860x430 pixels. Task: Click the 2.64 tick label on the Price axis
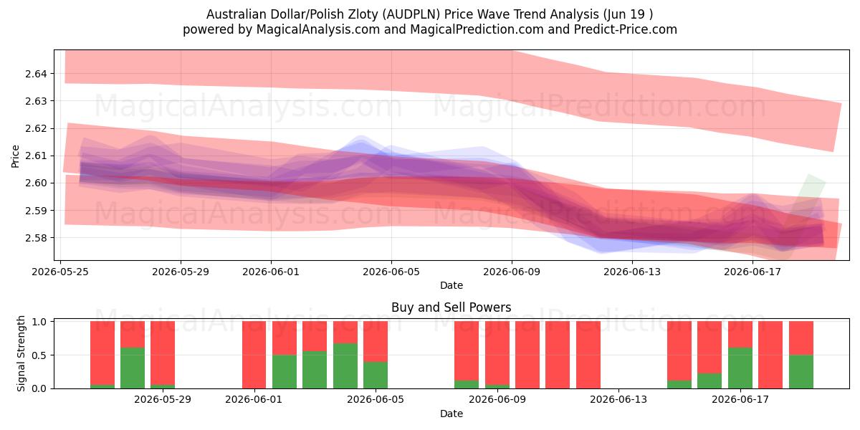pos(36,74)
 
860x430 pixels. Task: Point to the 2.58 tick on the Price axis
pos(36,238)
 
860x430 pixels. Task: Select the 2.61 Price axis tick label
pos(36,156)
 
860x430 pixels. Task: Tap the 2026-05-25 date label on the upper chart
pos(60,272)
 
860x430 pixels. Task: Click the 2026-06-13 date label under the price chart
pos(632,272)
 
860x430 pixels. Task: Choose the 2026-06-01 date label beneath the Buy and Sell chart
pos(254,400)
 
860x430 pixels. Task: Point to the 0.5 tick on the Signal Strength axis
pos(39,355)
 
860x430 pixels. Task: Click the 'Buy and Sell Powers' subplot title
pos(451,307)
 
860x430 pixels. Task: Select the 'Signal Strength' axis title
pos(21,353)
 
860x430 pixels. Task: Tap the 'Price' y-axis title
pos(15,156)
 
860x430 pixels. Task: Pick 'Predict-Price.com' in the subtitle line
pos(626,29)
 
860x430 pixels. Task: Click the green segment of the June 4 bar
pos(345,366)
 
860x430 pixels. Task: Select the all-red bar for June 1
pos(254,355)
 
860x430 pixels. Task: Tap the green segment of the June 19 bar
pos(801,372)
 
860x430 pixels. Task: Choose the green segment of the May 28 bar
pos(133,368)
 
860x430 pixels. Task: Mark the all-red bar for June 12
pos(588,355)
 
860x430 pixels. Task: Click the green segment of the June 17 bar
pos(740,368)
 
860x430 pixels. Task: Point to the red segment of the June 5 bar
pos(376,341)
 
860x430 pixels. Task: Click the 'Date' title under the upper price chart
pos(451,285)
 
